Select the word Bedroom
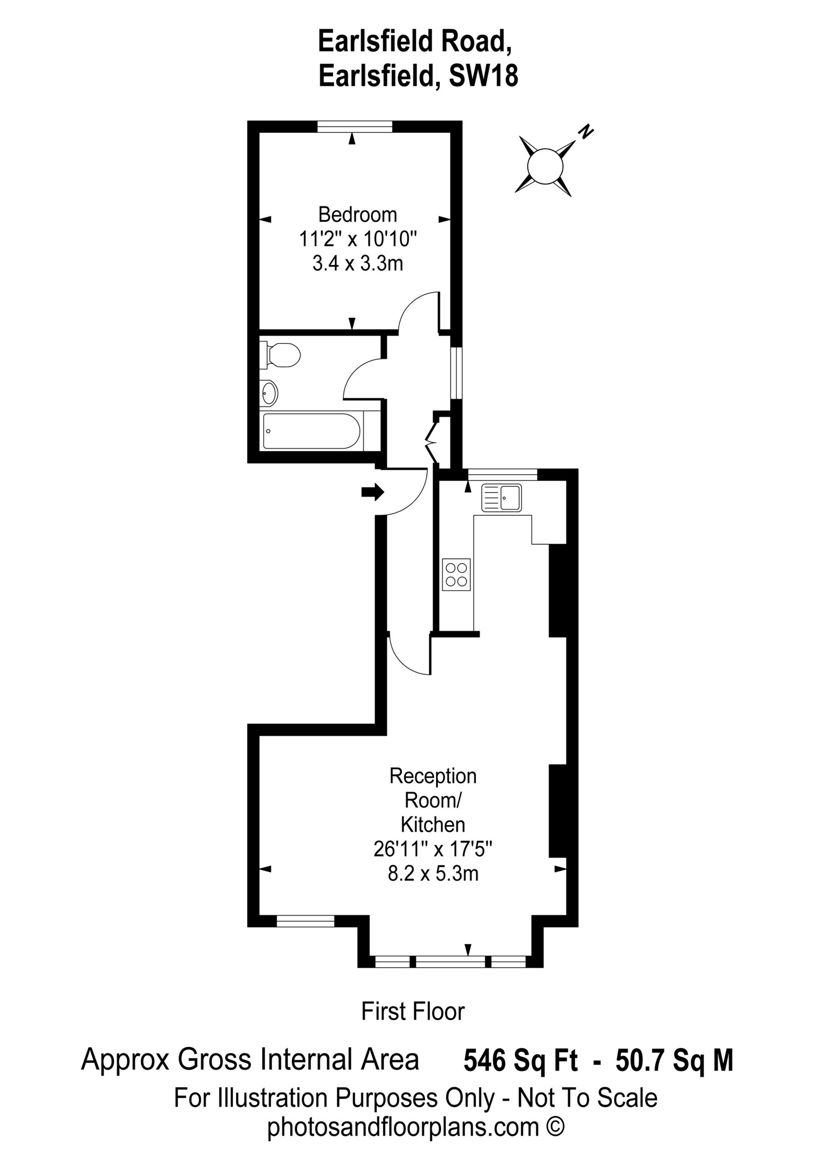click(358, 215)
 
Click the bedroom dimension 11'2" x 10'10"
click(358, 239)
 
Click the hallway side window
click(456, 373)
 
